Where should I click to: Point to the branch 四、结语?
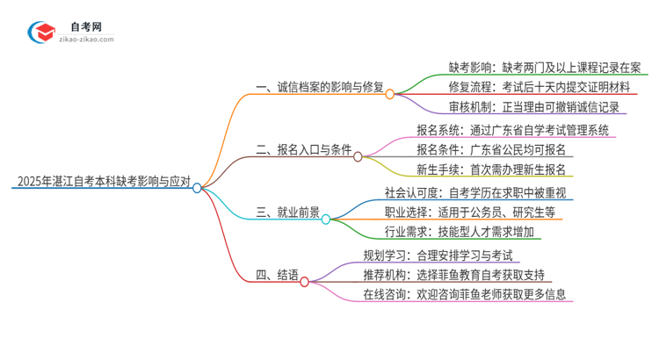click(x=274, y=276)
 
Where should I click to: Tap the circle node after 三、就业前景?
click(x=325, y=219)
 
